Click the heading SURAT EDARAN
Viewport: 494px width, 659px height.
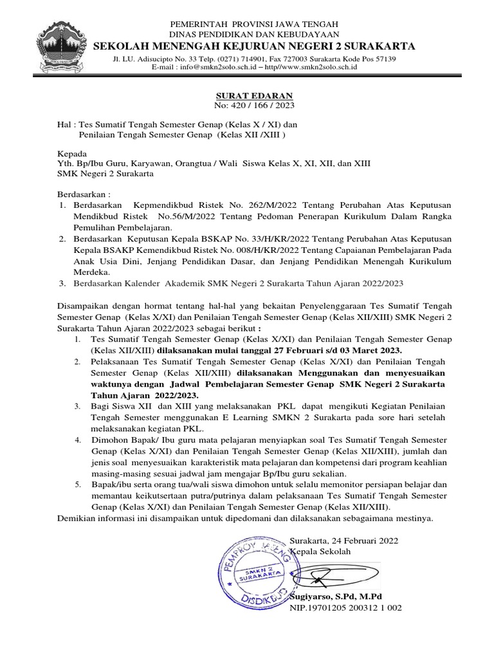pyautogui.click(x=248, y=95)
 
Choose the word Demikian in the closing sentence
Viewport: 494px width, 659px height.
pyautogui.click(x=78, y=518)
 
